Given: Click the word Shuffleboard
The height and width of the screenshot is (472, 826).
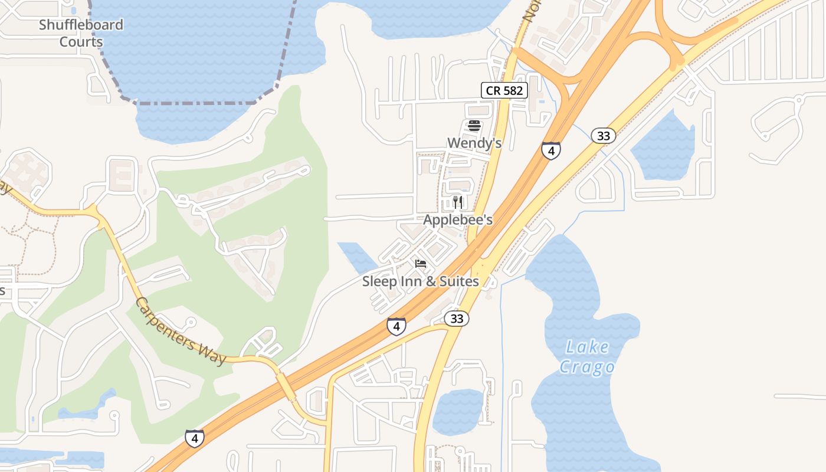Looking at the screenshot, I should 81,25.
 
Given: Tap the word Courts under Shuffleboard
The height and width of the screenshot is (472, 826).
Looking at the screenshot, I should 81,42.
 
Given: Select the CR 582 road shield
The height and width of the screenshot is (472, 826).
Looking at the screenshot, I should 504,90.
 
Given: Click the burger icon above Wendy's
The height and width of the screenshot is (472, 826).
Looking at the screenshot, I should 474,126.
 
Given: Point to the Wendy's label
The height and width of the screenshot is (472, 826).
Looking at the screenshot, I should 474,143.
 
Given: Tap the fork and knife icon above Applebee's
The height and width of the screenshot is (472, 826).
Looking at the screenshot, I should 458,202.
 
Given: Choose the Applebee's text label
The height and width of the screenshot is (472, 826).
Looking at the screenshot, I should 458,220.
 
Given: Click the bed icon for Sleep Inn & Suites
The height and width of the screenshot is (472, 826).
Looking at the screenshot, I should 421,263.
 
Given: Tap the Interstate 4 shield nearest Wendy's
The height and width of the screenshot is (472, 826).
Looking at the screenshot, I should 550,151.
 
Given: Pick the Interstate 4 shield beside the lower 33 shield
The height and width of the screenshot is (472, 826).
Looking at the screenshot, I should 396,326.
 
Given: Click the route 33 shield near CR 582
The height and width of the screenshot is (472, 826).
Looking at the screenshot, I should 603,136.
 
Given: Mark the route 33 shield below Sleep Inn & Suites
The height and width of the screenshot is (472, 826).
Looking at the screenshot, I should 457,319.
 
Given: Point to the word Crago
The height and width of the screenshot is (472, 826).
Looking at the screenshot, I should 586,367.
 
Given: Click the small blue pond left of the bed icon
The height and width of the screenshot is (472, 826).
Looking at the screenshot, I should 357,257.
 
